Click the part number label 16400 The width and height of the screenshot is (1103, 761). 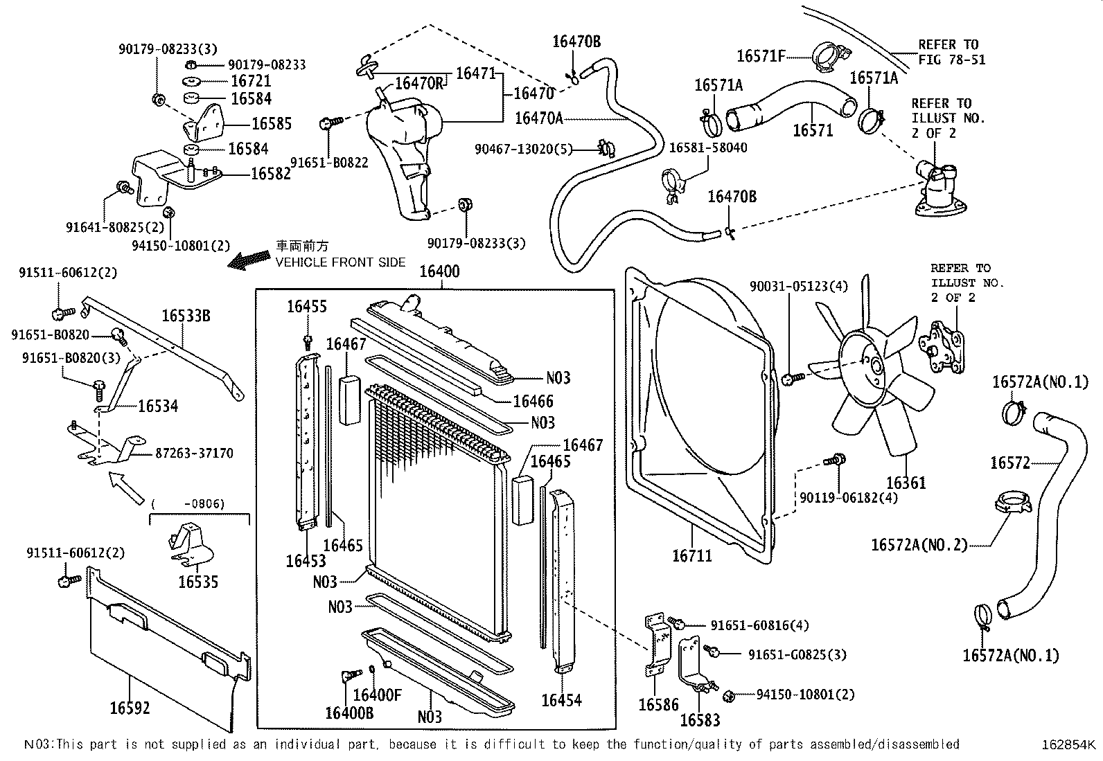pyautogui.click(x=439, y=271)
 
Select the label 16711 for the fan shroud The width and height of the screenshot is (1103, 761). pyautogui.click(x=691, y=555)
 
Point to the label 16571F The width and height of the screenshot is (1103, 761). pyautogui.click(x=761, y=56)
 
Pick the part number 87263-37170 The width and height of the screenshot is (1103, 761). pyautogui.click(x=194, y=454)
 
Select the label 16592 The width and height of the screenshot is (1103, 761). pyautogui.click(x=130, y=708)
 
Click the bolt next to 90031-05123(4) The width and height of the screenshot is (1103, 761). pyautogui.click(x=793, y=378)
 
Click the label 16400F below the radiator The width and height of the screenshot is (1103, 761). pyautogui.click(x=377, y=695)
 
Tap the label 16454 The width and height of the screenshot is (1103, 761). pyautogui.click(x=561, y=700)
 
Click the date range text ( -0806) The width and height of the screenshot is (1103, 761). pyautogui.click(x=188, y=503)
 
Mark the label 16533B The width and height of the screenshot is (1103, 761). pyautogui.click(x=186, y=316)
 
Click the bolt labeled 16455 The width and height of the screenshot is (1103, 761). pyautogui.click(x=308, y=340)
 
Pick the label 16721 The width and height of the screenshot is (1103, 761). pyautogui.click(x=251, y=81)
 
